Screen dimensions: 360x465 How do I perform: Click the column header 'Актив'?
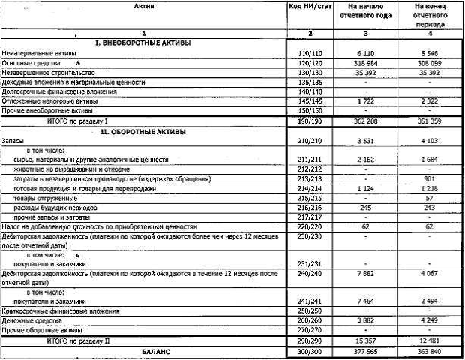[143, 6]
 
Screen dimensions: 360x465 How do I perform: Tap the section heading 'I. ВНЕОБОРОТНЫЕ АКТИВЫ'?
[143, 44]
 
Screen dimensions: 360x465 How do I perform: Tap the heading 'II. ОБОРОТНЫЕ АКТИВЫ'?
[143, 131]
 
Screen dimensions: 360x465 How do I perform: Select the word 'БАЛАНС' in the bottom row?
[143, 351]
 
